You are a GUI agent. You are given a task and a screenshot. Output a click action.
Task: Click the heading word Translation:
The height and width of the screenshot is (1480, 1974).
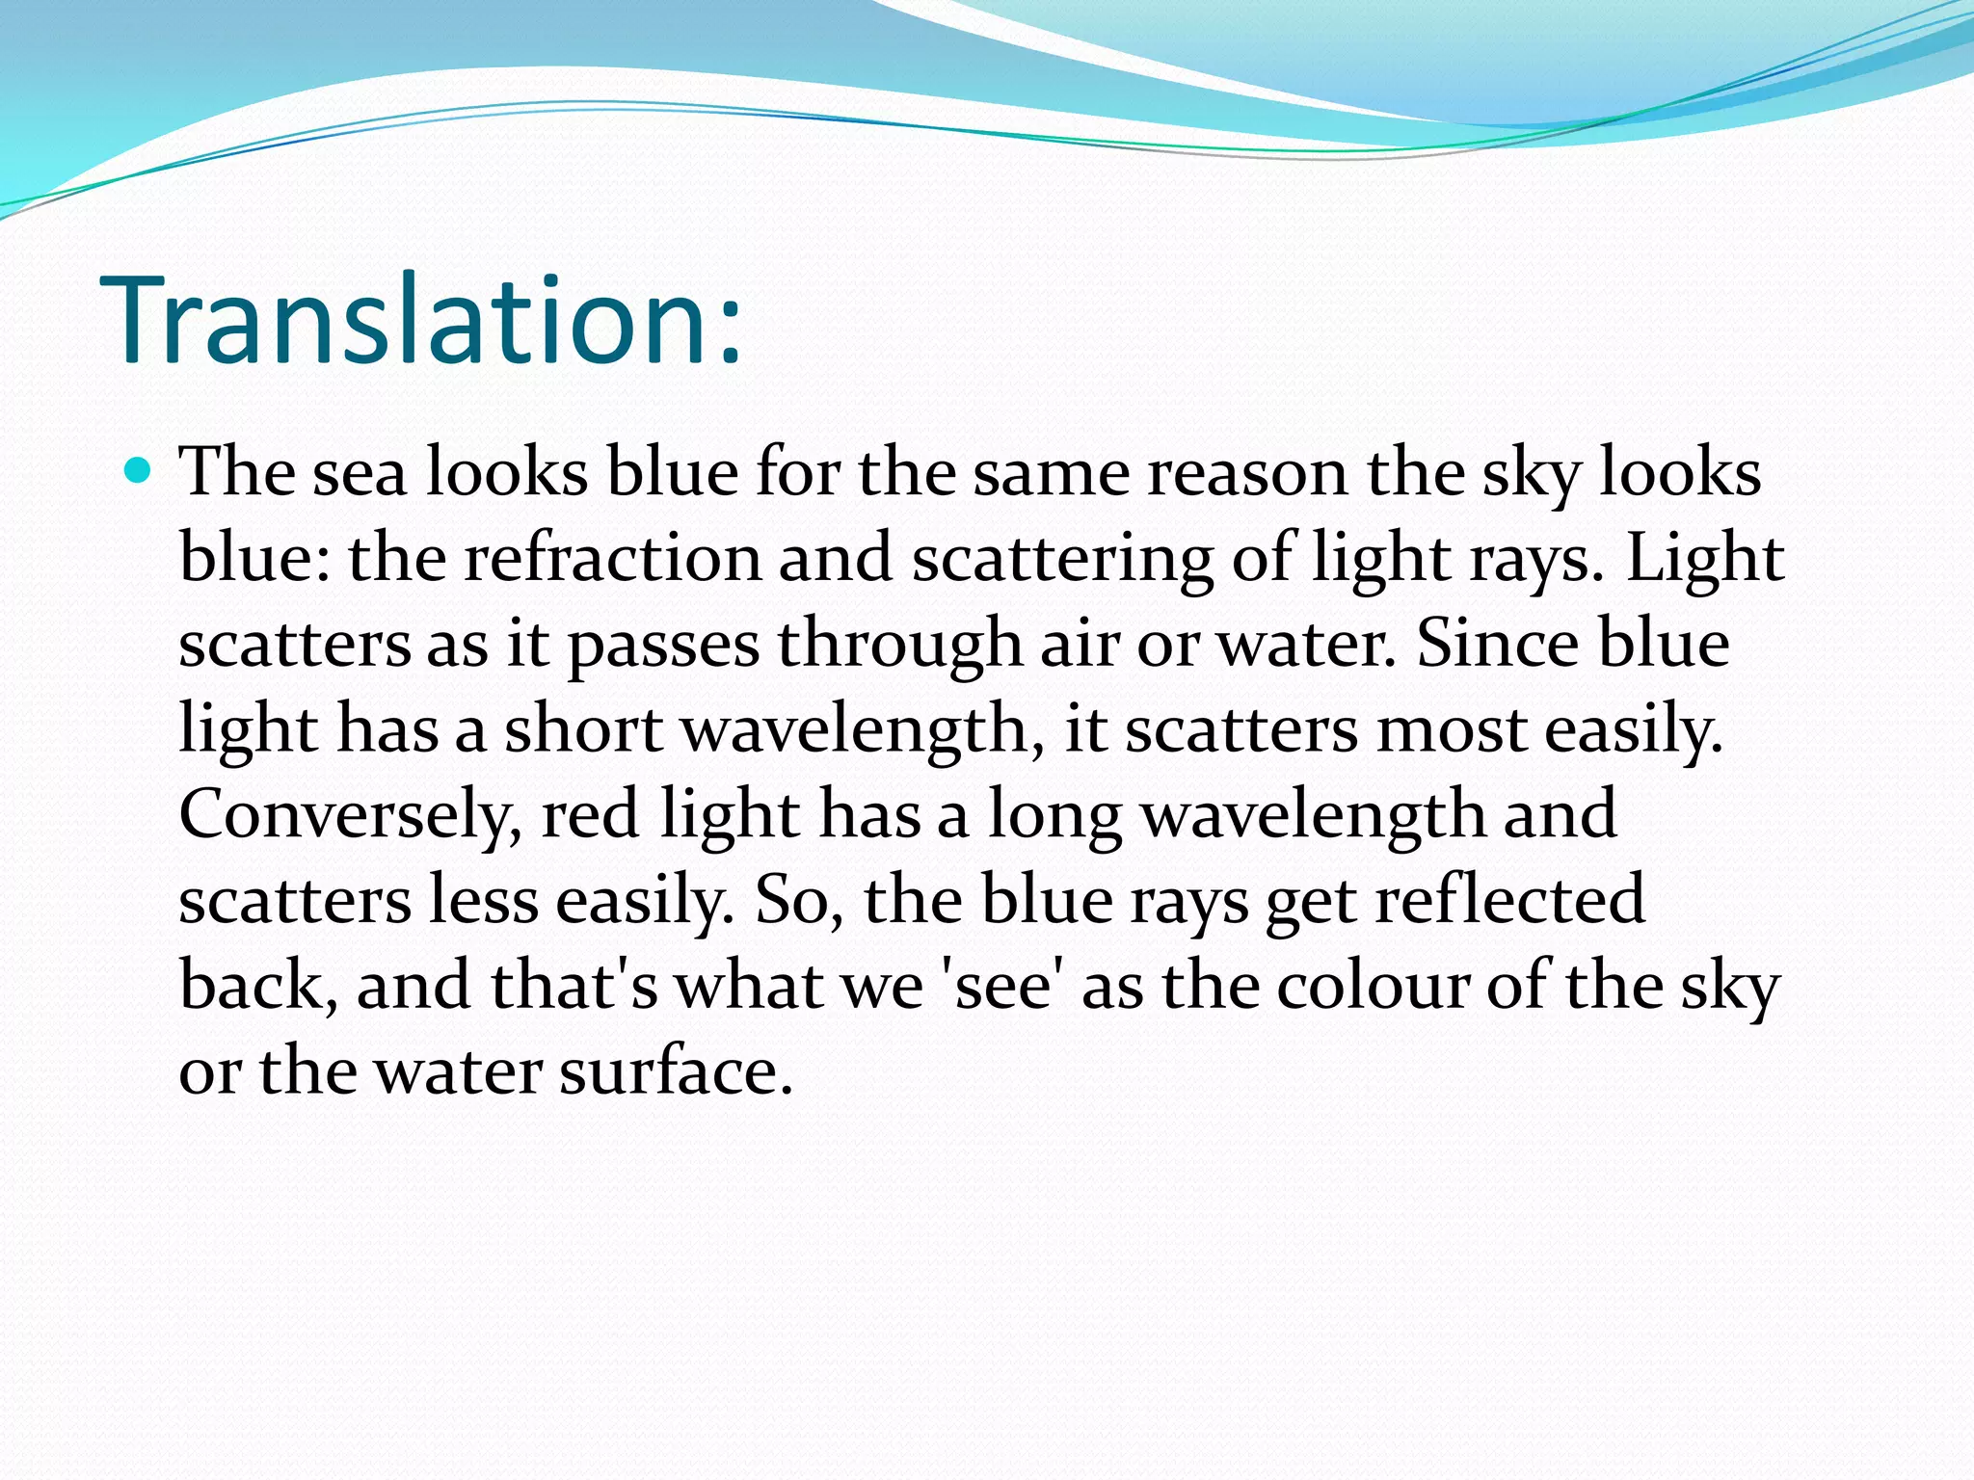coord(421,320)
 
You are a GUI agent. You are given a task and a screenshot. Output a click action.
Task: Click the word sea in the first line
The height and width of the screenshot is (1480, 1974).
coord(360,473)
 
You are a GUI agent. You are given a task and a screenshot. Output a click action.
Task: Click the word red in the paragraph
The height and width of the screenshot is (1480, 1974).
coord(590,815)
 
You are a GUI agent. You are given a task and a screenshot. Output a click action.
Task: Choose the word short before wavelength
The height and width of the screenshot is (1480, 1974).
coord(583,729)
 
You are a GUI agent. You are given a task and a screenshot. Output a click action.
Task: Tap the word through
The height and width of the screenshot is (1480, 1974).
coord(899,644)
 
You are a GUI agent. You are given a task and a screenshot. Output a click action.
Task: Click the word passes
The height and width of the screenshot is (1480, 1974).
coord(663,644)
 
